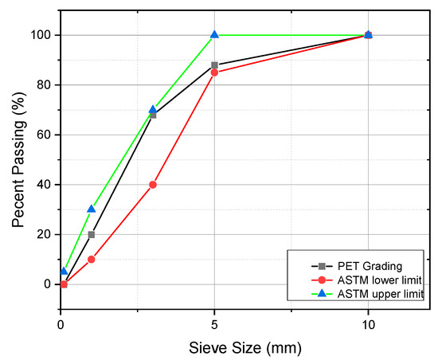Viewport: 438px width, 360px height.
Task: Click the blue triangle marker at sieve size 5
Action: pos(214,35)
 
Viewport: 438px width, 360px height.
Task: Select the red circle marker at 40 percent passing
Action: pos(153,185)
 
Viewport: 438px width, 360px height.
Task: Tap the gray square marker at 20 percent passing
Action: pos(92,234)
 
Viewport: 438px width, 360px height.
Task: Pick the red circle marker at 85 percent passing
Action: pos(214,72)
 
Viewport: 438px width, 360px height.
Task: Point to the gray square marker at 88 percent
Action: pos(214,65)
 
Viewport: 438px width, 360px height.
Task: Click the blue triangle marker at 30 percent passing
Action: pos(92,209)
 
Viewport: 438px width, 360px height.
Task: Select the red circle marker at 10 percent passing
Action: pos(92,259)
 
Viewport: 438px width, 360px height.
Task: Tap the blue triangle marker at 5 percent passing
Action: pos(65,272)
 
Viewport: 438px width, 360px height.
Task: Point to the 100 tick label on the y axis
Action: pos(41,35)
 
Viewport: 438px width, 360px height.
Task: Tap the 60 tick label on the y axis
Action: pos(45,135)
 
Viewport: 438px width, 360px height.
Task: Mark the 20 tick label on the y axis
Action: pos(45,234)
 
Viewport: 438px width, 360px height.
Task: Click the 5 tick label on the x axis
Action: pos(214,324)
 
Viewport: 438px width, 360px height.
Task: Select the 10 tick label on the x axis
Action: pos(368,324)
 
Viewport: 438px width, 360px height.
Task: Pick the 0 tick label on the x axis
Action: pos(61,324)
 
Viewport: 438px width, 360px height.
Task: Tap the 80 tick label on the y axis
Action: pos(45,85)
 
